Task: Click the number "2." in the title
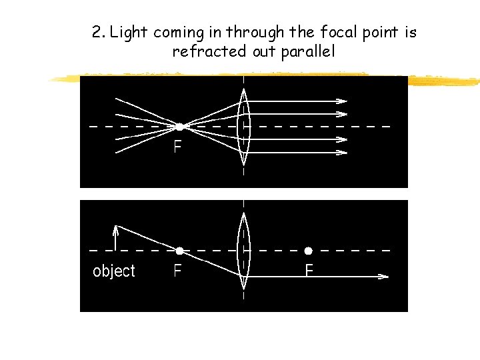coord(99,32)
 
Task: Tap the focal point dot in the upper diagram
coord(179,126)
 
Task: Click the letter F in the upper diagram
coord(178,146)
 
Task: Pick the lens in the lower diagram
coord(244,250)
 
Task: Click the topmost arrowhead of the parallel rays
coord(342,101)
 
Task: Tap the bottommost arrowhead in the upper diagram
coord(342,153)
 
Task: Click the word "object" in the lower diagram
coord(113,271)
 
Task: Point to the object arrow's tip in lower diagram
coord(117,227)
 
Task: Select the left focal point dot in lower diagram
coord(179,251)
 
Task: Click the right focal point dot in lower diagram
coord(308,251)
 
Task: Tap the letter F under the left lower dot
coord(178,271)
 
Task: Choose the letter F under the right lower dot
coord(309,271)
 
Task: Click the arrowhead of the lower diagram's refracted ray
coord(384,276)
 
